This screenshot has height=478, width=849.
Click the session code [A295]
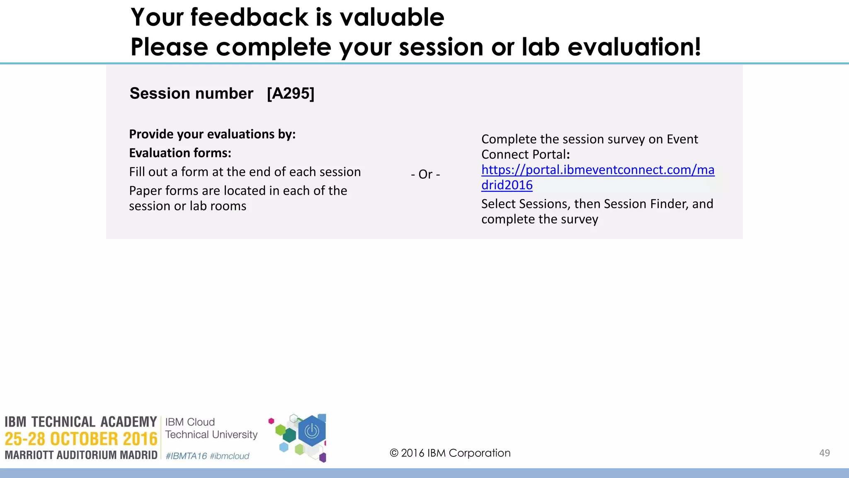[291, 93]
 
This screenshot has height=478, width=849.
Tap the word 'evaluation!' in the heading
[634, 46]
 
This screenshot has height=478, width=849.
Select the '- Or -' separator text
[425, 174]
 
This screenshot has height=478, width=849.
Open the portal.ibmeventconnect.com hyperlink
[597, 170]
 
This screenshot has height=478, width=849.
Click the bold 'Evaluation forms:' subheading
[180, 153]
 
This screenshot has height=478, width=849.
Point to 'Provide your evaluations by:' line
[212, 134]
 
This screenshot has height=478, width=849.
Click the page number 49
[824, 453]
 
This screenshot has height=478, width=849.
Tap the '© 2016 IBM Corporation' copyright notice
[450, 453]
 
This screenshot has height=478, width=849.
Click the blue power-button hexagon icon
[312, 431]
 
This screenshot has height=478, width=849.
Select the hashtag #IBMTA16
[186, 456]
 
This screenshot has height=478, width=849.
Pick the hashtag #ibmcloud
[230, 456]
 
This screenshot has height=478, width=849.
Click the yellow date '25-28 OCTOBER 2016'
[81, 439]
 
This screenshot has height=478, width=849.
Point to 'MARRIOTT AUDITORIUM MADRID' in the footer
[81, 455]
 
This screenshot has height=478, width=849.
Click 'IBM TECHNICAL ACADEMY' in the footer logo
[81, 422]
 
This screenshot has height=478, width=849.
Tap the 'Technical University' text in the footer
[211, 434]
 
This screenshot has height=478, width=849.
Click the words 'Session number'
[191, 93]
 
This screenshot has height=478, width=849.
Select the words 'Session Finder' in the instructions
[646, 204]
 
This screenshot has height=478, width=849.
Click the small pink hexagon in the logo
[272, 421]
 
